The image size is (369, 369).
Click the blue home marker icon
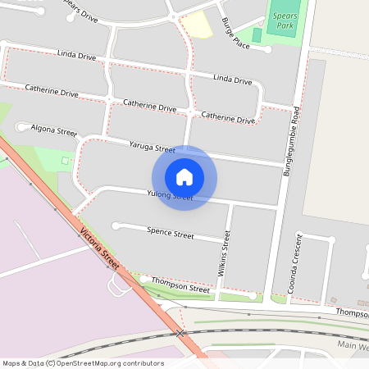tap(184, 176)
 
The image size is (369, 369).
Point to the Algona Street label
tap(53, 130)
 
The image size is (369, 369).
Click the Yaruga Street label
tap(153, 148)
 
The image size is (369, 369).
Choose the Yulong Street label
tap(169, 196)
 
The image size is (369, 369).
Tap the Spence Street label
tap(170, 234)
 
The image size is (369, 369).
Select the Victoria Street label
tap(101, 246)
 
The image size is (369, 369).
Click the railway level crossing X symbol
tap(180, 334)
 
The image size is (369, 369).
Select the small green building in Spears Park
tap(257, 35)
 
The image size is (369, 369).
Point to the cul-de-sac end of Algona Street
tap(20, 126)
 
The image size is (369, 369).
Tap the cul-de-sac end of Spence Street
tap(116, 225)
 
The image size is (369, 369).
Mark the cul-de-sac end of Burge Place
tap(267, 49)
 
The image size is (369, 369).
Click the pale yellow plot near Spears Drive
tap(196, 25)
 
